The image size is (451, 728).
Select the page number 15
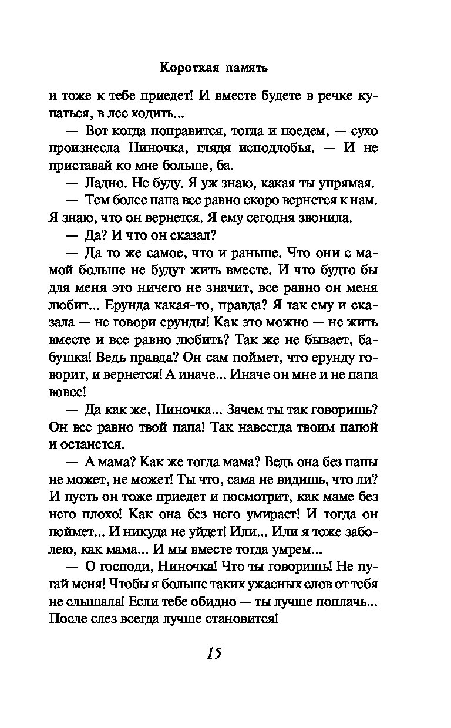pos(214,653)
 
